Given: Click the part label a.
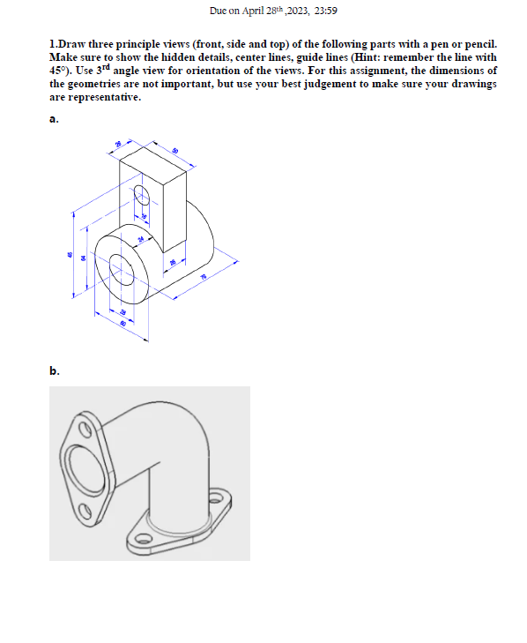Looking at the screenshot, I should coord(54,117).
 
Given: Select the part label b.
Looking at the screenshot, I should coord(55,371).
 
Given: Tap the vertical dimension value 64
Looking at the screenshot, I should coord(85,259).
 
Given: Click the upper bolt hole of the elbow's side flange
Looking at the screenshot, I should coord(85,430).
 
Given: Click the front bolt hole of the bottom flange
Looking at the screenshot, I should coord(141,537).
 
